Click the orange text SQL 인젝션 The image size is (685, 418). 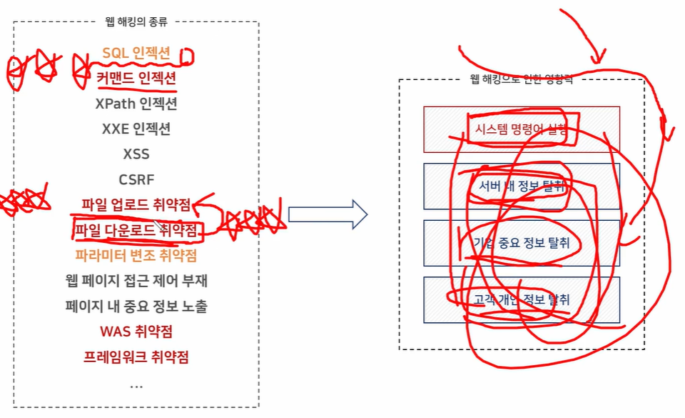click(x=136, y=53)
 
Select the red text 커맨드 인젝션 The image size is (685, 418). click(x=136, y=76)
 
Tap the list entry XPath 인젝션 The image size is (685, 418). click(x=136, y=103)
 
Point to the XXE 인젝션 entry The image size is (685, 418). click(x=136, y=129)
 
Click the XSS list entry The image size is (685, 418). click(x=136, y=154)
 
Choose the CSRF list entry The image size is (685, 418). click(x=136, y=179)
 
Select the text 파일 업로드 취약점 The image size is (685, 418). click(x=136, y=205)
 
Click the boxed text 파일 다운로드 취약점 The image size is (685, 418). click(x=136, y=230)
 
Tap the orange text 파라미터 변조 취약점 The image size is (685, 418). click(x=136, y=255)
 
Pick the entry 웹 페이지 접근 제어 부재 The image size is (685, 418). click(x=136, y=281)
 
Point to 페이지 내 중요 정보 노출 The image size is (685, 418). click(x=136, y=307)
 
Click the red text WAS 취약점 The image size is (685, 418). click(x=136, y=332)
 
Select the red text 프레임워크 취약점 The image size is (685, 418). click(x=136, y=357)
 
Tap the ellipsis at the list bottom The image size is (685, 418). click(x=136, y=384)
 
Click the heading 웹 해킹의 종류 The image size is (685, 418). click(x=136, y=22)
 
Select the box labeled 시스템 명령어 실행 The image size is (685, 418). click(x=522, y=129)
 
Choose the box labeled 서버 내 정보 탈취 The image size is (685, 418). click(x=522, y=186)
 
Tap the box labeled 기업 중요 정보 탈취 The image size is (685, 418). click(x=522, y=243)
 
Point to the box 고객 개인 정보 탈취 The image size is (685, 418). click(x=522, y=299)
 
